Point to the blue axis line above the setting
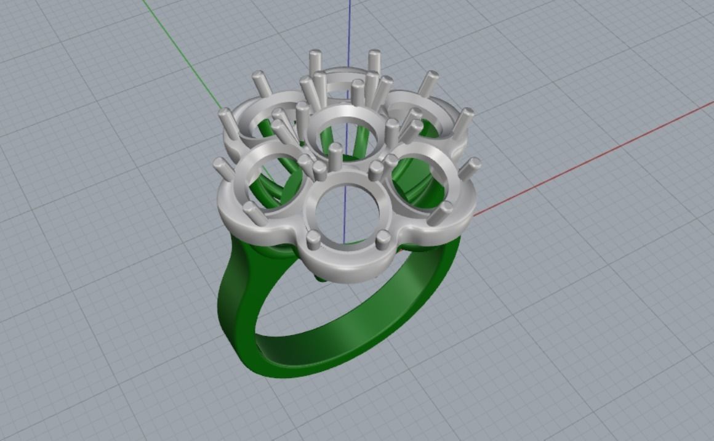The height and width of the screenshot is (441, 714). [349, 25]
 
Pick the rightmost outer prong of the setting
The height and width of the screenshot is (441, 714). [471, 168]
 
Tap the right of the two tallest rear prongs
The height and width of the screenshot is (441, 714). [374, 62]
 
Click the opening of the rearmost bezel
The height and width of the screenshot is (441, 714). [342, 86]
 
